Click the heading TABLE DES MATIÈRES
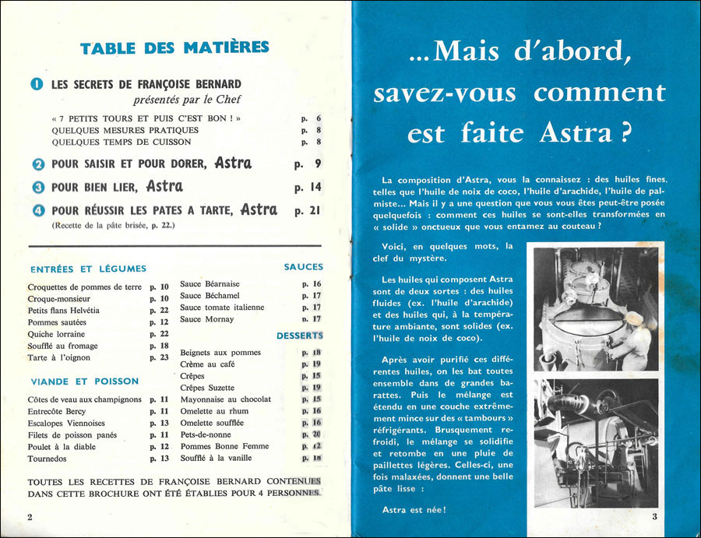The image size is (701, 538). coord(174,49)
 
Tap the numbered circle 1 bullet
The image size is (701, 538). coord(37,84)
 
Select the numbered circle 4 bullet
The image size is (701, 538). coord(37,210)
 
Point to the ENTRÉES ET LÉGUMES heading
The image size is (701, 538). coord(72,269)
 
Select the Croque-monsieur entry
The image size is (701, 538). coord(59,298)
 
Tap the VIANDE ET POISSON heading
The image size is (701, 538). coord(84,382)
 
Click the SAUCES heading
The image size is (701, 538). coord(303,267)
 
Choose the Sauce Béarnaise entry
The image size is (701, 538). coord(210,284)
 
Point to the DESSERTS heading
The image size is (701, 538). coord(299,336)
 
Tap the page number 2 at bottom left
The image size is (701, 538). coord(30,517)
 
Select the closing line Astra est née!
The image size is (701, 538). coord(414,510)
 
